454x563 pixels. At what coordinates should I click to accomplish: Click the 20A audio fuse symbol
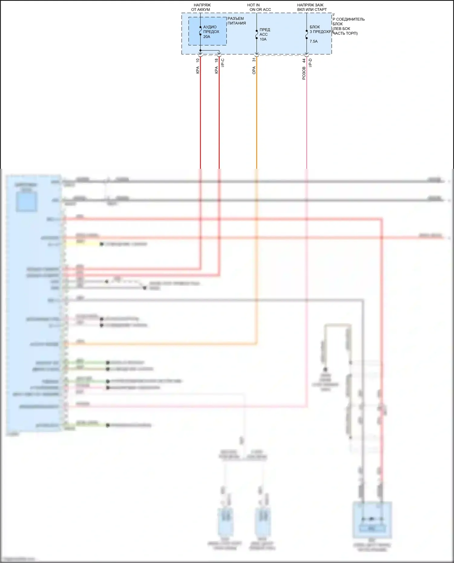(x=200, y=31)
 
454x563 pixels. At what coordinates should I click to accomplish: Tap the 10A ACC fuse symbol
(x=257, y=34)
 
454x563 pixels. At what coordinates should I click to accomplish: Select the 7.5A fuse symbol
(x=307, y=34)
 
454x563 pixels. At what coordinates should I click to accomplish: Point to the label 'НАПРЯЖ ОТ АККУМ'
(x=201, y=7)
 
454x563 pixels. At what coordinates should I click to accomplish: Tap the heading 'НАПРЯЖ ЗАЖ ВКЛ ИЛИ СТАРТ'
(x=312, y=7)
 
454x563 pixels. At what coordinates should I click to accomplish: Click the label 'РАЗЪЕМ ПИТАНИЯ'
(x=236, y=21)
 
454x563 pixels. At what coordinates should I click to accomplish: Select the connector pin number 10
(x=198, y=60)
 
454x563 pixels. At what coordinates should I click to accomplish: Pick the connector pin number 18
(x=216, y=60)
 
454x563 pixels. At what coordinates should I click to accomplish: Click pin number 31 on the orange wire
(x=254, y=60)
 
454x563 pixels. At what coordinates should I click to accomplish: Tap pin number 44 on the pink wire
(x=304, y=61)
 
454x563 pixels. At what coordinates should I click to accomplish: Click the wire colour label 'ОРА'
(x=254, y=70)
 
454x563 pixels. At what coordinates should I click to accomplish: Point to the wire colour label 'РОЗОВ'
(x=304, y=73)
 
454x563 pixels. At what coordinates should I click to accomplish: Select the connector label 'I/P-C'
(x=223, y=62)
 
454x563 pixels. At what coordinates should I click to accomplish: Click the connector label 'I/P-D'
(x=310, y=62)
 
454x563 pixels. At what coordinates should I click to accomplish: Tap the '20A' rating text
(x=207, y=37)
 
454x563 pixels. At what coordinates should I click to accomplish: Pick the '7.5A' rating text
(x=314, y=41)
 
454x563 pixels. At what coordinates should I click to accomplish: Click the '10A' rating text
(x=263, y=39)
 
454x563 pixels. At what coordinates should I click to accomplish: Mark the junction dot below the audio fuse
(x=200, y=50)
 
